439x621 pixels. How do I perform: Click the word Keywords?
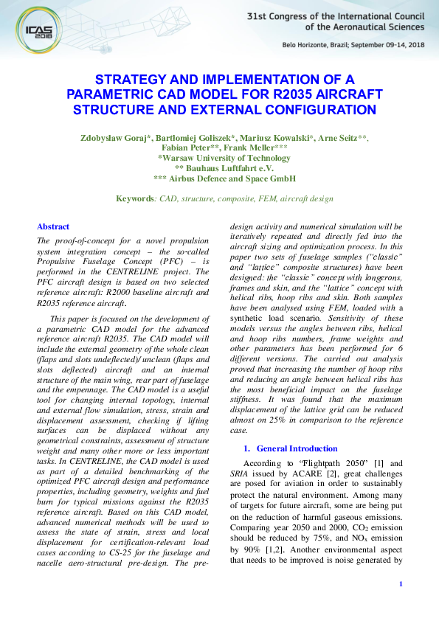(x=136, y=199)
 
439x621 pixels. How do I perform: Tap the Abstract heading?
(x=53, y=226)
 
